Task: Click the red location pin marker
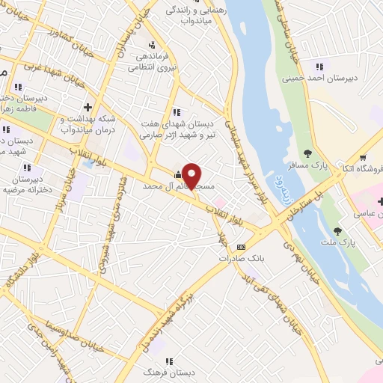[x=191, y=175]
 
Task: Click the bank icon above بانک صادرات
[x=240, y=246]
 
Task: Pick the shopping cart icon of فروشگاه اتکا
[x=363, y=157]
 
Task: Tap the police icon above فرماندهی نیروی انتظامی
[x=153, y=44]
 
